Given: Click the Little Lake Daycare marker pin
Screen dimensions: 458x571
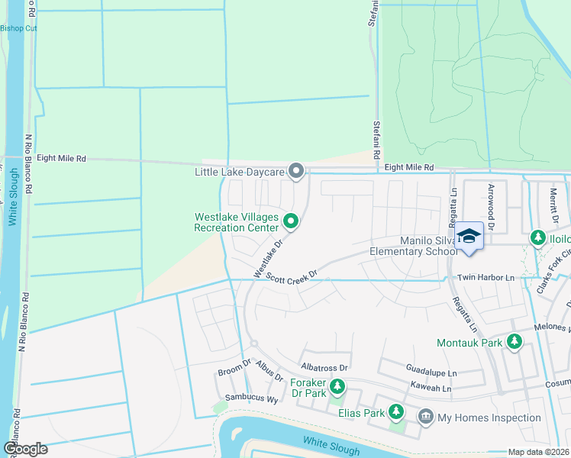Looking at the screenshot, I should pyautogui.click(x=296, y=171).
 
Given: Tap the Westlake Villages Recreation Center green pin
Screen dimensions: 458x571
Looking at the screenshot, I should pyautogui.click(x=291, y=221).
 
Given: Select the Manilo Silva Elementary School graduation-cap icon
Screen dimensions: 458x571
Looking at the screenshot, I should pyautogui.click(x=470, y=237).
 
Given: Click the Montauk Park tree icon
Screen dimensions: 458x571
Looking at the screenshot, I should pyautogui.click(x=515, y=342).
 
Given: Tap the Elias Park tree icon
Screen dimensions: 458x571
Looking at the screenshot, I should pyautogui.click(x=395, y=411).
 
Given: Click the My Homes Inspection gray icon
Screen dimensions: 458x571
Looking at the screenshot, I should pyautogui.click(x=425, y=417).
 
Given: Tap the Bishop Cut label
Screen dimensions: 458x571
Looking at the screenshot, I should pyautogui.click(x=18, y=28).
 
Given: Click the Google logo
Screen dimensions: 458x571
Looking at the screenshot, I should pyautogui.click(x=25, y=448).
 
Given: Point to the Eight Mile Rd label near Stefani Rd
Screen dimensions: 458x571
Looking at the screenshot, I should pyautogui.click(x=408, y=167).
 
